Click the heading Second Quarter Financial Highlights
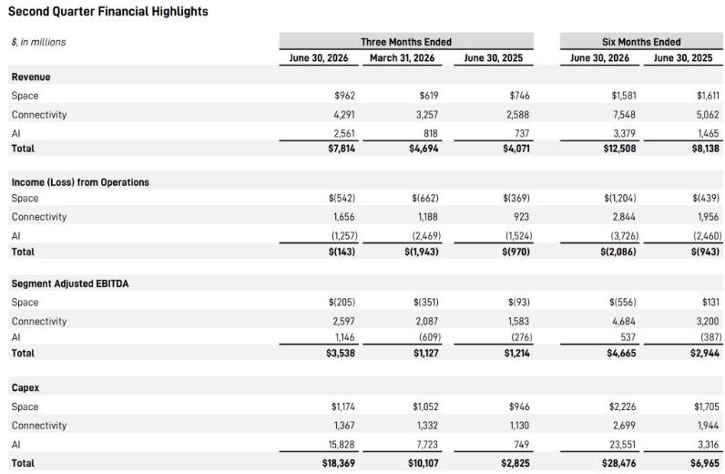[108, 11]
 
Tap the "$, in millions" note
[38, 42]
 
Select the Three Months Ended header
[406, 42]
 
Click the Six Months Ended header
[641, 42]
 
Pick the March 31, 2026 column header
[402, 57]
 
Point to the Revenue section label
[31, 77]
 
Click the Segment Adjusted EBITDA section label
[70, 283]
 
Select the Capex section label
[25, 388]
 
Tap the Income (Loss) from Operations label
[80, 182]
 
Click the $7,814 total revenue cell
[342, 149]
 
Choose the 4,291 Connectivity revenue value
[344, 115]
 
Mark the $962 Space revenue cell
[345, 96]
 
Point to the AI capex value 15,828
[342, 445]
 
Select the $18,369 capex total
[339, 463]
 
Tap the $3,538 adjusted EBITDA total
[341, 353]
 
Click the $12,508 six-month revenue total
[619, 149]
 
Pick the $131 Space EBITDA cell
[710, 303]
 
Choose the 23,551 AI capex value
[622, 445]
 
